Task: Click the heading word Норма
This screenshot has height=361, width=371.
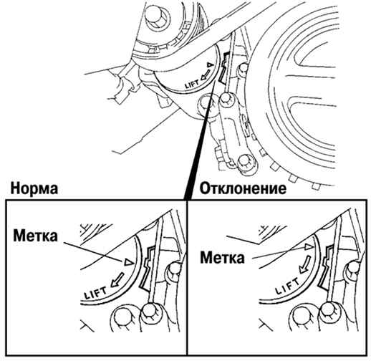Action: pos(34,188)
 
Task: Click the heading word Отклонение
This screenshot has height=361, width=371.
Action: pos(243,188)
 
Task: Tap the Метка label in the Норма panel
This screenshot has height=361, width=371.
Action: pos(36,236)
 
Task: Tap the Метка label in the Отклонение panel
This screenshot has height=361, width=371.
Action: pos(222,258)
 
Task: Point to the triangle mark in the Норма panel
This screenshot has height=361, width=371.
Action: pos(127,262)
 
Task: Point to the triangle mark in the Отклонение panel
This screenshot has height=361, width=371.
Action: pos(308,247)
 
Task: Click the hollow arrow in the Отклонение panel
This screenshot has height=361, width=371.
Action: pos(304,264)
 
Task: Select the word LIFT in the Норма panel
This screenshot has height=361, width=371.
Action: pos(96,293)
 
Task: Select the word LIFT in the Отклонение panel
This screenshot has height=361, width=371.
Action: pos(287,286)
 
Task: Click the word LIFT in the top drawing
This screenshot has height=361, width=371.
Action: pos(192,84)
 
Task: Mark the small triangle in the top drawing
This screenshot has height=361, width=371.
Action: pos(209,64)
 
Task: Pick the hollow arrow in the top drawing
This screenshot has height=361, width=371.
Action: pos(206,74)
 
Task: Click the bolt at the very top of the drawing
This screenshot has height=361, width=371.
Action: pos(158,15)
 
